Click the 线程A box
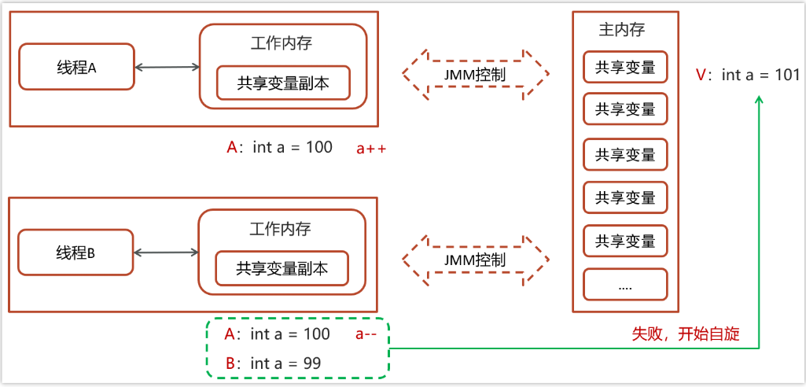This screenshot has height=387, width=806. click(x=75, y=67)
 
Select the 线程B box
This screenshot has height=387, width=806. click(x=75, y=252)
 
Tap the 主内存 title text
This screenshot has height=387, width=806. click(x=621, y=30)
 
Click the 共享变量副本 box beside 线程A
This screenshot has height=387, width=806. click(x=283, y=83)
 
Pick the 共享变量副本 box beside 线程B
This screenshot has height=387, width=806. click(x=282, y=269)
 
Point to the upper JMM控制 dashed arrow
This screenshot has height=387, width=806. click(x=475, y=74)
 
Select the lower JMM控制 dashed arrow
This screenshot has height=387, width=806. click(x=475, y=260)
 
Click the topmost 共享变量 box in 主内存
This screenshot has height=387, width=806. click(x=625, y=67)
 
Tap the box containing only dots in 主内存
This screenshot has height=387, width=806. click(x=625, y=286)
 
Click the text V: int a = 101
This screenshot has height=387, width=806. click(x=748, y=75)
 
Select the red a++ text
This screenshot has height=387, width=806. click(x=371, y=148)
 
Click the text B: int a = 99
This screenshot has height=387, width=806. click(x=273, y=363)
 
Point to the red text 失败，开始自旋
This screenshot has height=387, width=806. click(x=686, y=334)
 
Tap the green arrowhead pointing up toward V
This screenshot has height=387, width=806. click(x=759, y=101)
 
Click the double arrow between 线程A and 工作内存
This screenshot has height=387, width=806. click(x=167, y=68)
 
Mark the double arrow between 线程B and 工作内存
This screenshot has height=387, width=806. click(x=167, y=252)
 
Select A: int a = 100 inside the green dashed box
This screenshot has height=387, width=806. click(x=277, y=334)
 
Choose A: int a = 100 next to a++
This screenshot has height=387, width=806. click(x=279, y=148)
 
